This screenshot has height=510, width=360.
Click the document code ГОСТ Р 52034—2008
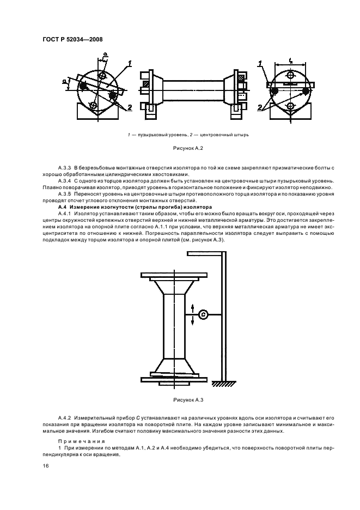[72, 39]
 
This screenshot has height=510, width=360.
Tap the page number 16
[46, 466]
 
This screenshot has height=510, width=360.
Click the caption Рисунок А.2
[180, 148]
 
